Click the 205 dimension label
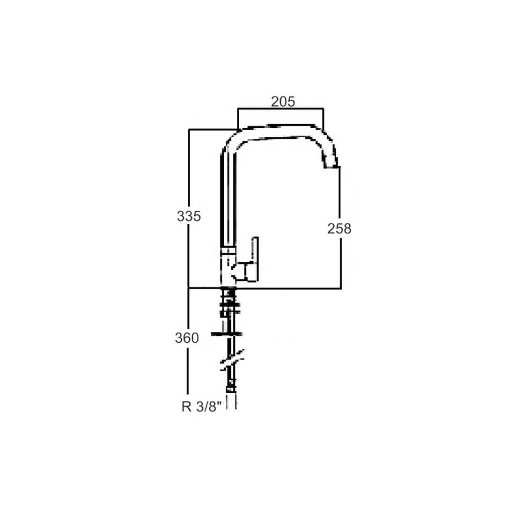283,102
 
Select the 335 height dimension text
189,216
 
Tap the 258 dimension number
339,228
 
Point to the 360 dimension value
187,338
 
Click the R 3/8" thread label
200,406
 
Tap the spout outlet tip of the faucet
331,163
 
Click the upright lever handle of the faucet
255,259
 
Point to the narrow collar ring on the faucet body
228,250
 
